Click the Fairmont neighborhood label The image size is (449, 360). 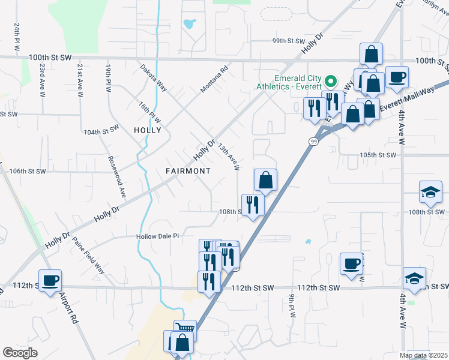(x=188, y=171)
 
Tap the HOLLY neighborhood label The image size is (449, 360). (x=148, y=130)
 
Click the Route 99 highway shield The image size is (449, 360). (x=313, y=141)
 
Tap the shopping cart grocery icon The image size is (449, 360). (x=185, y=330)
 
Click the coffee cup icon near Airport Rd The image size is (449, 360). (x=50, y=280)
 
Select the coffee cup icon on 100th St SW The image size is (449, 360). (x=397, y=77)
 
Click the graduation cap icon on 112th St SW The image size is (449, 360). (x=414, y=278)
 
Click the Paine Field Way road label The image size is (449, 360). (x=88, y=256)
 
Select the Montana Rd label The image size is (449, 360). (x=215, y=79)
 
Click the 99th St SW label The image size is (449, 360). (x=289, y=41)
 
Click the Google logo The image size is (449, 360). (x=20, y=352)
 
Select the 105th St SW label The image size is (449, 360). (x=378, y=155)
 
